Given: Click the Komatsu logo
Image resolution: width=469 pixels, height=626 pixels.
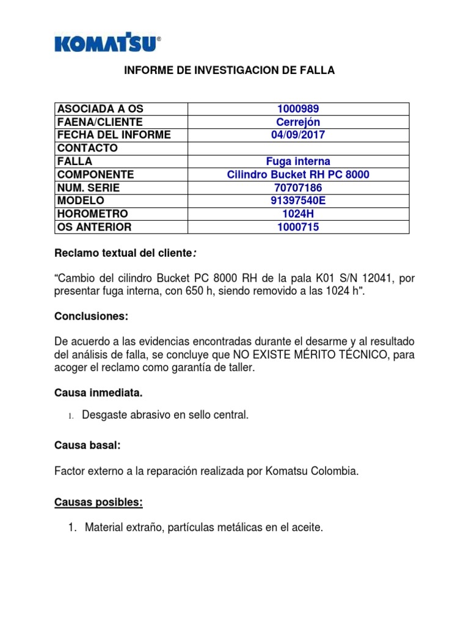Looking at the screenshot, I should point(107,43).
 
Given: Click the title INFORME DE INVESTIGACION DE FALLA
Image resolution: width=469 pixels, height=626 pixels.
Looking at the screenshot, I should point(230,71).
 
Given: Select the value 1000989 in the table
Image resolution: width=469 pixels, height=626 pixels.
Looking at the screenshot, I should point(298,109).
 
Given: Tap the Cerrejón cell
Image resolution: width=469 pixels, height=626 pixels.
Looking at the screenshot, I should point(298,122).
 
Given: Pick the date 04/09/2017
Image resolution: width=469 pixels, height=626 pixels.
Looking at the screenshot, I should point(298,135).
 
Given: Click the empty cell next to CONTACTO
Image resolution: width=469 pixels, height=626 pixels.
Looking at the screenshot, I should point(298,149).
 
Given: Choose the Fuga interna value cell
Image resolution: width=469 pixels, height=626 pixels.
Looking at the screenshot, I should point(298,161).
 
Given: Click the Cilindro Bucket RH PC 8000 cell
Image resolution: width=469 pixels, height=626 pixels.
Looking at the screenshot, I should point(298,175).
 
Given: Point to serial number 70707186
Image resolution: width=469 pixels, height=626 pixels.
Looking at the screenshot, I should point(298,188).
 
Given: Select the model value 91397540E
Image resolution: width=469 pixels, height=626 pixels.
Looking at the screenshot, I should point(298,201).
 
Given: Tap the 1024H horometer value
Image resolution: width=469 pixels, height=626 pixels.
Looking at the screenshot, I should point(298,214).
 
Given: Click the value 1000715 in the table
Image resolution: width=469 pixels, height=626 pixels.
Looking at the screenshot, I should point(298,227).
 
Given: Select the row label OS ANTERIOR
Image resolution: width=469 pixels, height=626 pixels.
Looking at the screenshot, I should point(93,227).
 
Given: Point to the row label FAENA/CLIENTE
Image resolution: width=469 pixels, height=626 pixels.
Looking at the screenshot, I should point(100,122).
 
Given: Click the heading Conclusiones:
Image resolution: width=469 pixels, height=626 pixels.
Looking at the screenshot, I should point(91,317).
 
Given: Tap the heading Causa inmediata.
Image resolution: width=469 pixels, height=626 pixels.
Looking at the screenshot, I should point(98,392).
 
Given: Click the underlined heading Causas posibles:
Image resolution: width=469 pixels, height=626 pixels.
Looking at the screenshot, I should point(98,503).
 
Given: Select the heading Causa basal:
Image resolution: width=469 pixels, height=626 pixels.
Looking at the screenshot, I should point(87,446).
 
